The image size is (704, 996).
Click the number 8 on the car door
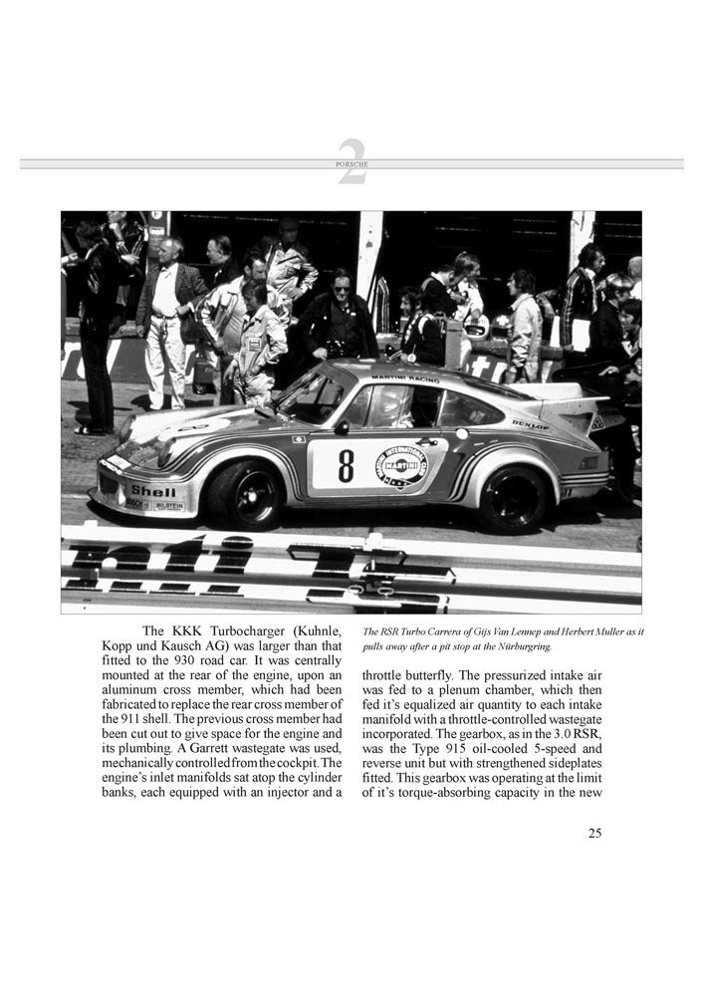346,465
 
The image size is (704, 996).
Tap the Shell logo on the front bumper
153,490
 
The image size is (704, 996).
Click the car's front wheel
244,493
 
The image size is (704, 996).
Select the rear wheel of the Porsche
514,498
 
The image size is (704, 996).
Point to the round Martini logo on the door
402,465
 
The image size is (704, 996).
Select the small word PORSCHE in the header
352,164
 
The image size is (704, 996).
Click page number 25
594,834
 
